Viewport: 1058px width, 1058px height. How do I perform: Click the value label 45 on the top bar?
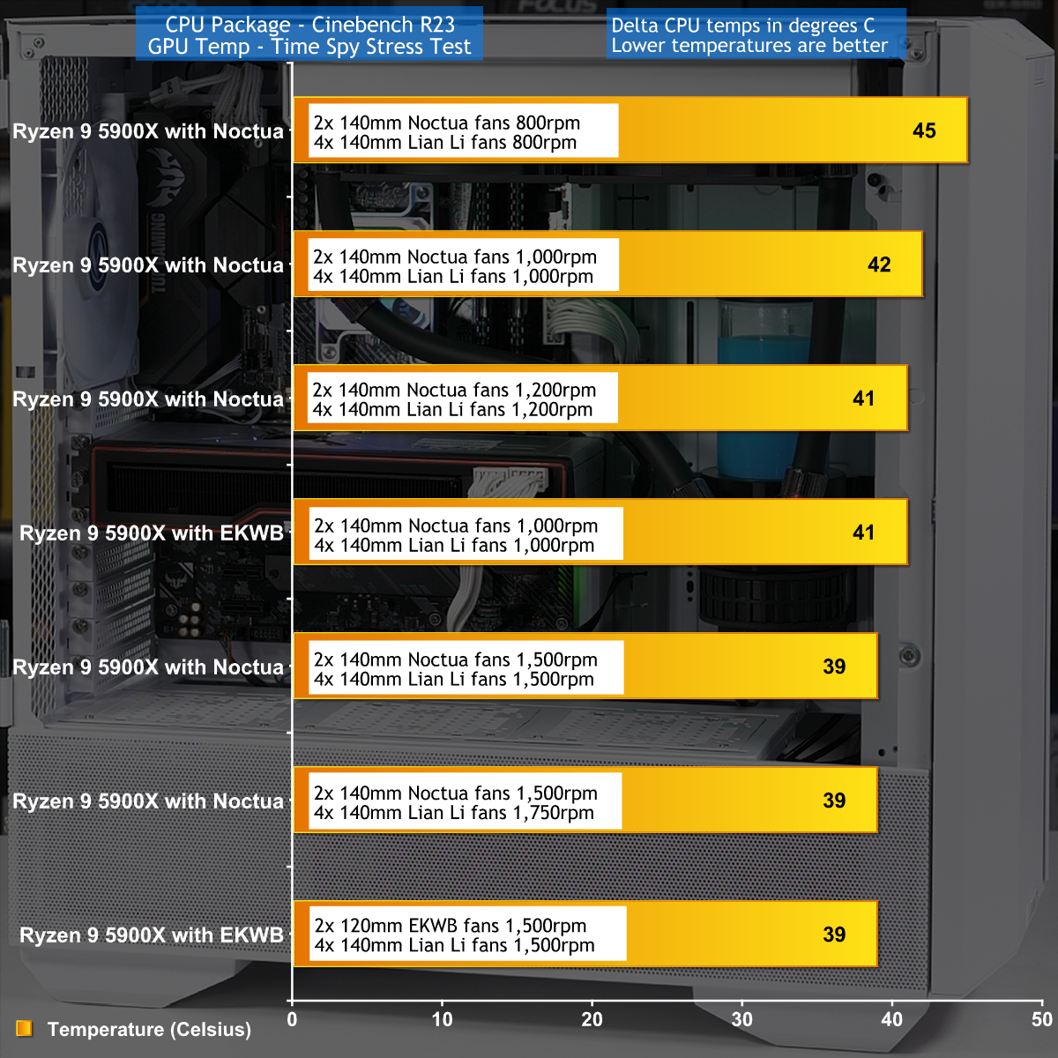point(924,130)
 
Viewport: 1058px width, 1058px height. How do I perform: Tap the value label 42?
point(879,264)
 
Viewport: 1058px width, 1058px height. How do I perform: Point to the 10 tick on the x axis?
point(442,1019)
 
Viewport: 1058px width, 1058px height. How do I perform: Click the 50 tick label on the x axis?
point(1041,1019)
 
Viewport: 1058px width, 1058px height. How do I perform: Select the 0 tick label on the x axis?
point(292,1019)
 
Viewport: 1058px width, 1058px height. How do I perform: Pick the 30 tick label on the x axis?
point(741,1019)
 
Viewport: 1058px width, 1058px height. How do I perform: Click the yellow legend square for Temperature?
point(24,1028)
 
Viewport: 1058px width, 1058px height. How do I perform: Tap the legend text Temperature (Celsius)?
point(149,1030)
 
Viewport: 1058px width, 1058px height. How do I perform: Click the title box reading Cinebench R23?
point(309,34)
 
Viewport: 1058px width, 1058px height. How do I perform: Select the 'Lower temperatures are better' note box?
point(756,35)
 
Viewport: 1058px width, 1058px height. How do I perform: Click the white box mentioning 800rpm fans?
point(464,130)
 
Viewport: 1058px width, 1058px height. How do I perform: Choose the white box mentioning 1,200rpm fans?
point(462,398)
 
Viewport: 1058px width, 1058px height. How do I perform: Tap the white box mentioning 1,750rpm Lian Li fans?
point(465,801)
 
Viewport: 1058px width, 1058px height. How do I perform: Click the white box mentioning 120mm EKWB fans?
point(468,934)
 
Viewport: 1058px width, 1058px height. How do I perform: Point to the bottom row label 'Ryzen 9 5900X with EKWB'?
point(152,935)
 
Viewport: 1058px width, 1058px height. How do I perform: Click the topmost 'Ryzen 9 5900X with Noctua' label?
point(148,131)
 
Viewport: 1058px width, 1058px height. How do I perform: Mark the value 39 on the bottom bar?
point(834,935)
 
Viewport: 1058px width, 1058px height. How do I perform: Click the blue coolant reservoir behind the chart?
point(760,406)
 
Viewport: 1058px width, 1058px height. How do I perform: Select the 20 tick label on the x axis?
point(592,1019)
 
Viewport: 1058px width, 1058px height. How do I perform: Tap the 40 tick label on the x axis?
point(891,1019)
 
